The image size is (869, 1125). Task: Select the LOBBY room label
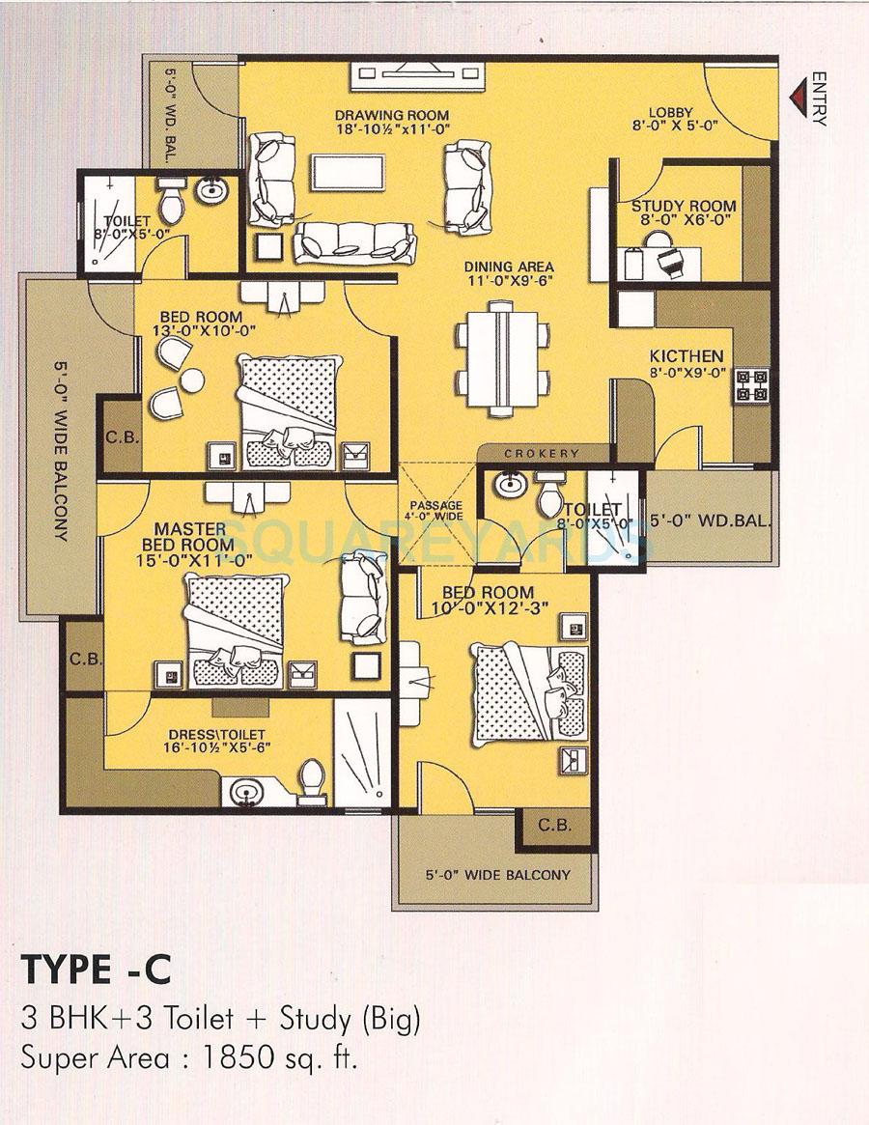coord(671,111)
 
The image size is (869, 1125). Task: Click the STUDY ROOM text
coord(684,206)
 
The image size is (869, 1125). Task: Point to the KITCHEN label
coord(687,355)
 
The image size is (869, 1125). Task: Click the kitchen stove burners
coord(753,385)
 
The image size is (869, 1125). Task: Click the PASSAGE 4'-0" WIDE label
coord(436,511)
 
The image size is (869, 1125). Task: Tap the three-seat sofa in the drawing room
coord(353,239)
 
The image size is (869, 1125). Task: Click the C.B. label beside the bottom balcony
coord(555,826)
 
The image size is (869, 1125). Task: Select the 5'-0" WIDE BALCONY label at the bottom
coord(497,875)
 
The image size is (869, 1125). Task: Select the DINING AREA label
coord(508,267)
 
